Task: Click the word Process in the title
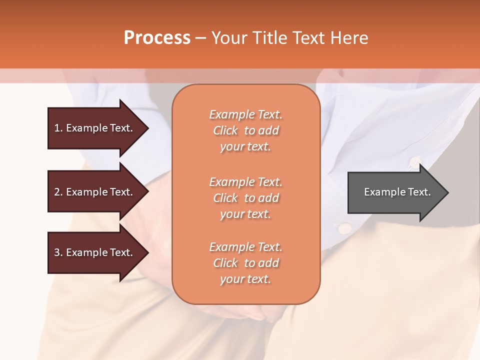coord(157,38)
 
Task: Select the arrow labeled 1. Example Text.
coord(95,128)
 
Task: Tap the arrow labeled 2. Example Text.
coord(95,192)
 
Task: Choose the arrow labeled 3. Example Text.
coord(95,252)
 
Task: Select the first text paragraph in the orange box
coord(245,130)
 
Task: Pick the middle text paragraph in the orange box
coord(245,198)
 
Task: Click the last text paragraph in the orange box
coord(245,263)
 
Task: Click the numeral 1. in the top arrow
coord(58,128)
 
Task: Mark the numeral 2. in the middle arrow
coord(58,192)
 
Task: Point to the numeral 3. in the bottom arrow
coord(58,252)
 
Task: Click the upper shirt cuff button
coord(414,162)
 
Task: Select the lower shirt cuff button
coord(345,228)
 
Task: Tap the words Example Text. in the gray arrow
coord(397,192)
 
